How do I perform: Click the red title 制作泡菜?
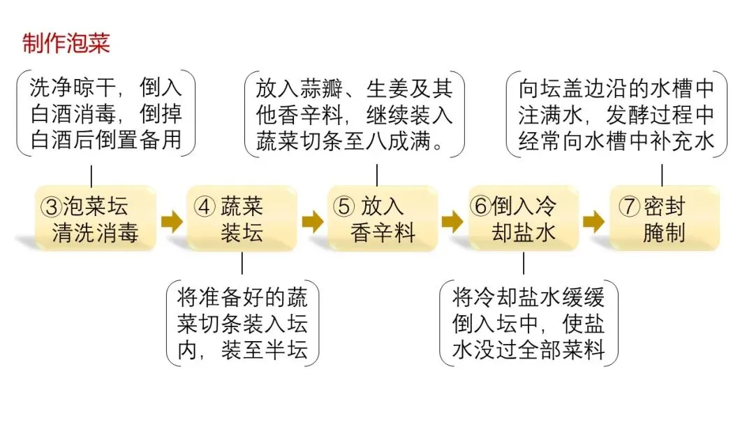(x=66, y=43)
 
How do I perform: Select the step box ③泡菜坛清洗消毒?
(x=95, y=219)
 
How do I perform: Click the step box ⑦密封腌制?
(x=664, y=219)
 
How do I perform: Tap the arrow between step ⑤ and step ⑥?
(x=452, y=222)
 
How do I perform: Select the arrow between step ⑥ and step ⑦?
(x=593, y=222)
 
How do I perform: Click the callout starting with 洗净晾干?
(x=105, y=114)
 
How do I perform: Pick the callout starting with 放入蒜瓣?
(x=355, y=117)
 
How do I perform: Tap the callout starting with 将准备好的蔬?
(x=242, y=324)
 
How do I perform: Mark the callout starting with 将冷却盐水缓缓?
(x=528, y=324)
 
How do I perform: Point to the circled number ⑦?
(x=630, y=207)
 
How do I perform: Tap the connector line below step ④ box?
(x=242, y=263)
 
